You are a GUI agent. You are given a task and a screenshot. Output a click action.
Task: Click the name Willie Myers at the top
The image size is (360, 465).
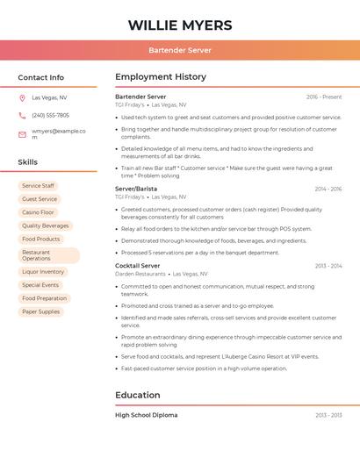(180, 25)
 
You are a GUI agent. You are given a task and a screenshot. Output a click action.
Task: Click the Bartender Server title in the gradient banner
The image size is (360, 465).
(180, 50)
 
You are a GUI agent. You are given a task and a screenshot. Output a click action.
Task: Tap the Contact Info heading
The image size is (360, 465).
(41, 77)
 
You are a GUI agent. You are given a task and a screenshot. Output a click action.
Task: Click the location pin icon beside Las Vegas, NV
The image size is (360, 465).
(22, 98)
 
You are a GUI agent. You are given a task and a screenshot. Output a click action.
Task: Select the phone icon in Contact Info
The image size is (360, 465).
(22, 115)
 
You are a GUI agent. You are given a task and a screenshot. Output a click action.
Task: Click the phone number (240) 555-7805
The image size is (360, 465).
(50, 115)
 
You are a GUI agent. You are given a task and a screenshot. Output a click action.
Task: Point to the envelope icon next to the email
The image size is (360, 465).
(22, 134)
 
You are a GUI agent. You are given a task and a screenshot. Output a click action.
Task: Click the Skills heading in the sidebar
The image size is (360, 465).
(28, 162)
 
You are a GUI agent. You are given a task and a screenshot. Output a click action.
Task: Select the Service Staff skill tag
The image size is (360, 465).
(38, 186)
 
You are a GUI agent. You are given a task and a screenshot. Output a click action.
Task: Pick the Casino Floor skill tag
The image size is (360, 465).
(38, 212)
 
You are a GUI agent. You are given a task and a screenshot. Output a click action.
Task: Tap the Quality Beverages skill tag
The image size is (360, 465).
(45, 225)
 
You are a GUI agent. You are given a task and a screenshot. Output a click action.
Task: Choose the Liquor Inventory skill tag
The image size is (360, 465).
(43, 272)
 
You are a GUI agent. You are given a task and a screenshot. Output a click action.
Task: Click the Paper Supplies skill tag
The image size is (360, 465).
(41, 311)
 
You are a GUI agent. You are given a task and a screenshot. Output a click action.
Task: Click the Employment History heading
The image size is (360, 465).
(161, 77)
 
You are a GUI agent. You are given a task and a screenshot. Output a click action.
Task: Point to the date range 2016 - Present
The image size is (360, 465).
(324, 97)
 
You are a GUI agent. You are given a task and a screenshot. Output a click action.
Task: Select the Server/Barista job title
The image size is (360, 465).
(136, 189)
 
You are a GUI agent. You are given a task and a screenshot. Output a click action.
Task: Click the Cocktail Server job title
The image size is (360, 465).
(138, 266)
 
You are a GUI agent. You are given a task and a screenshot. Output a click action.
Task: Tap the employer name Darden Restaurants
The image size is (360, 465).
(140, 274)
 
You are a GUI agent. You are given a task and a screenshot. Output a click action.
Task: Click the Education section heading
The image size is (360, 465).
(138, 395)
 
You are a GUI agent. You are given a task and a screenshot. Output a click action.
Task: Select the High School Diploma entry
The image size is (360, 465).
(147, 415)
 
